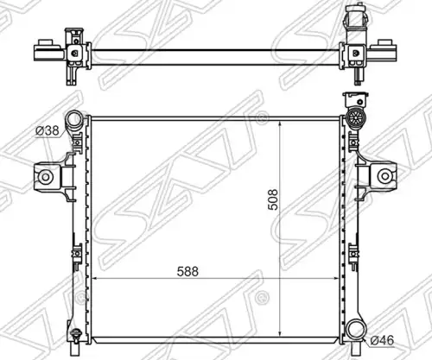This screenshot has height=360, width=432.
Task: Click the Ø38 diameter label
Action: [48, 131]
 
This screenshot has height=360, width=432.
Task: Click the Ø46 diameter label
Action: [382, 341]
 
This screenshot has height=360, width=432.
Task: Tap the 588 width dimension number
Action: [187, 271]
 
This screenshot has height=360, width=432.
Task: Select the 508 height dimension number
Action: [273, 199]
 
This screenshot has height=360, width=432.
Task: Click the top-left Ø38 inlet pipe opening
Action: [75, 119]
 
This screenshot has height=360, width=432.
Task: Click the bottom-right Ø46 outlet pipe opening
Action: [355, 331]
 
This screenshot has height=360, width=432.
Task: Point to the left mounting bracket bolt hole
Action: [46, 177]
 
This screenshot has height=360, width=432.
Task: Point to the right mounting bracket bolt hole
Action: [384, 176]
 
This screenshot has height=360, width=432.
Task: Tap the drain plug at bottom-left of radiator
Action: [75, 335]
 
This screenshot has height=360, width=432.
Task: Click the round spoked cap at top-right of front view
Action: [354, 117]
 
